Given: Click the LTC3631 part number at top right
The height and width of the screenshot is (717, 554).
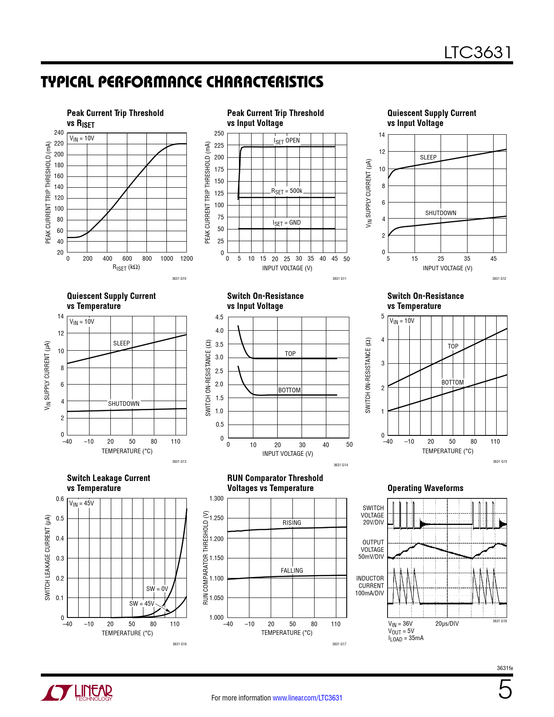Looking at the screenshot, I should [478, 53].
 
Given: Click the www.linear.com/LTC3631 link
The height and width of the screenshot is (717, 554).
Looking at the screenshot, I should [307, 698].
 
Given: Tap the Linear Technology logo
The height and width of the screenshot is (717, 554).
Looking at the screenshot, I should [76, 693].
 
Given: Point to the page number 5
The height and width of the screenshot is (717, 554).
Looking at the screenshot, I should [505, 690].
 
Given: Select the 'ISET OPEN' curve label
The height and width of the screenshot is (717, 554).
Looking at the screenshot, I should [287, 141].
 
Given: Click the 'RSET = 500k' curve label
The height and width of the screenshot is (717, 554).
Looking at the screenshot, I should [287, 191].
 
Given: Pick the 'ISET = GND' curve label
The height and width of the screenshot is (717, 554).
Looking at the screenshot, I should [287, 223].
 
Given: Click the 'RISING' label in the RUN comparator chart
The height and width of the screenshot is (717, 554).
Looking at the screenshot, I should [292, 523].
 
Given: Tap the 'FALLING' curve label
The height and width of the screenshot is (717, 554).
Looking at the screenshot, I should [292, 571].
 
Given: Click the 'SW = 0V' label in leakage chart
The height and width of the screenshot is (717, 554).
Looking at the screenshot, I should [157, 589].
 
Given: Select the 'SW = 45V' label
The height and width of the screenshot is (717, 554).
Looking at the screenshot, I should [142, 604].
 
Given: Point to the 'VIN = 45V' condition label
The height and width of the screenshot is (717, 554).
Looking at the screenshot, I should [82, 504].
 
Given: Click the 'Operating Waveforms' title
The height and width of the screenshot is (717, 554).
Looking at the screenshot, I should [425, 488].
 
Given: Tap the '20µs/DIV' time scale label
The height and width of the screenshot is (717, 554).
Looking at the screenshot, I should [447, 624].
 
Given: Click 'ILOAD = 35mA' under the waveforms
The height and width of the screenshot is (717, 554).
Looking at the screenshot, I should [406, 638].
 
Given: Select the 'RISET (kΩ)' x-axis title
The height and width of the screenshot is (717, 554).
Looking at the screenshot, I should [126, 268].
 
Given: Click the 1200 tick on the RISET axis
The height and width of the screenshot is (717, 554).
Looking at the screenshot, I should [186, 259].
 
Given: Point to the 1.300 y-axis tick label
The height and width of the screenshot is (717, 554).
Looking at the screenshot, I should [216, 498].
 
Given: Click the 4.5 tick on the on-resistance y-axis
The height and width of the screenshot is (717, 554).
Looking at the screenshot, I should [219, 317].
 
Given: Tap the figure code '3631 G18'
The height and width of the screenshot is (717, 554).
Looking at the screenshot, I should [500, 621].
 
